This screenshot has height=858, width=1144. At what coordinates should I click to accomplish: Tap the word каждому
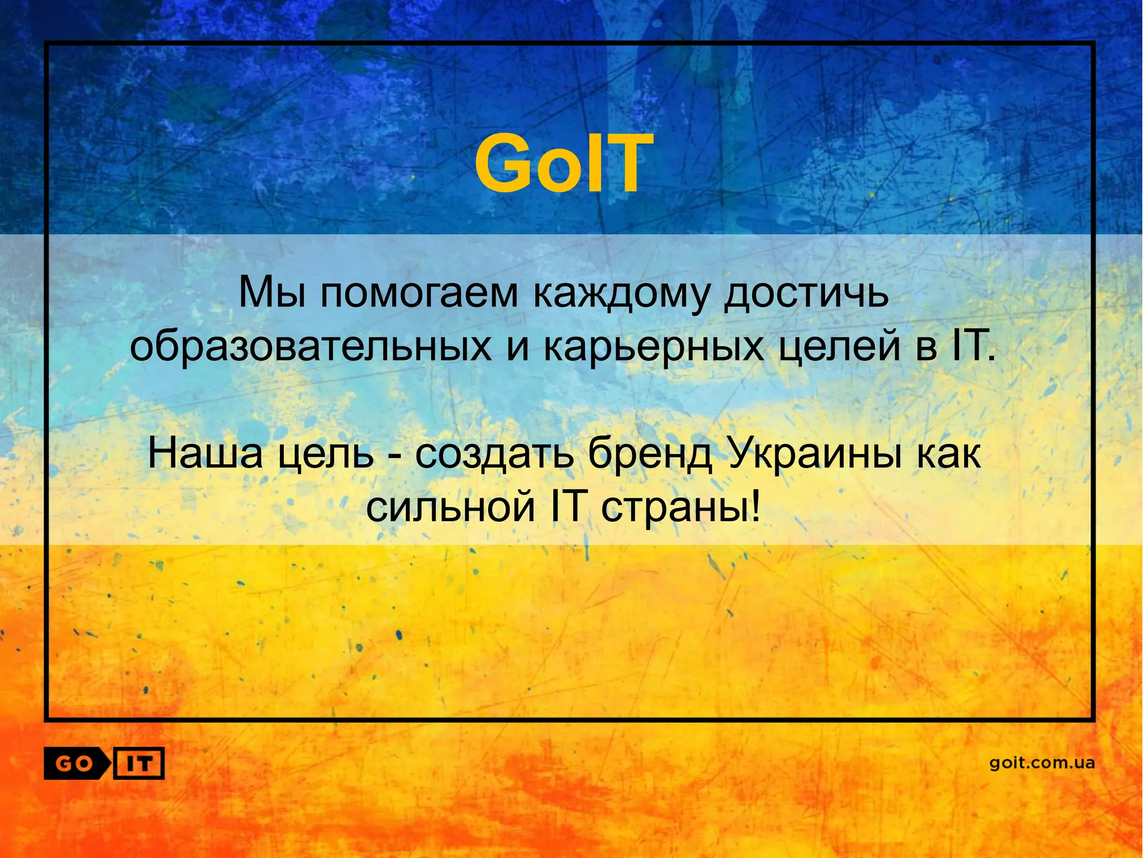point(619,293)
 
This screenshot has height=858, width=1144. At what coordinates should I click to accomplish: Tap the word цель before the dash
point(326,454)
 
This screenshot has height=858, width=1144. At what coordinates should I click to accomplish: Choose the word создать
point(494,454)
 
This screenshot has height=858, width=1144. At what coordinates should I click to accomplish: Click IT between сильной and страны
point(568,506)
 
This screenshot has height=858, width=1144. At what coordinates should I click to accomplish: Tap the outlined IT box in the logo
point(139,763)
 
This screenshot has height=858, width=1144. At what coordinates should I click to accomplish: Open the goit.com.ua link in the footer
point(1042,763)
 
